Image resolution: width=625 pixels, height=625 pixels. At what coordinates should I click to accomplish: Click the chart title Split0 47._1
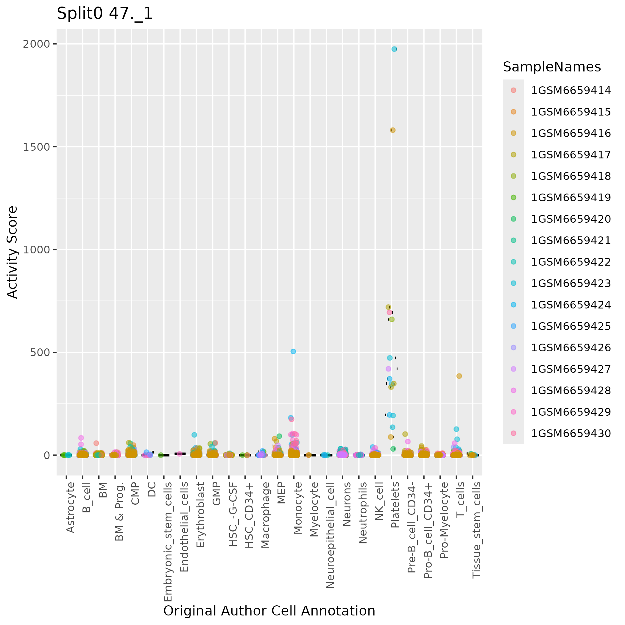coord(105,14)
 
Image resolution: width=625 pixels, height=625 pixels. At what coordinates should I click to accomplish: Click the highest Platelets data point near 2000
coord(394,49)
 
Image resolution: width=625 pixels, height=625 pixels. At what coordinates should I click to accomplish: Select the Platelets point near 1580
coord(393,130)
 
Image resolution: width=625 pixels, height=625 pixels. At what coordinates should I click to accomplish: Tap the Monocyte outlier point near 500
coord(293,351)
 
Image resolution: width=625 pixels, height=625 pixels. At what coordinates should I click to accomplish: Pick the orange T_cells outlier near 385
coord(459,376)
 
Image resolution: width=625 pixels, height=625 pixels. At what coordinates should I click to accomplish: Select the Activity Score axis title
coord(12,252)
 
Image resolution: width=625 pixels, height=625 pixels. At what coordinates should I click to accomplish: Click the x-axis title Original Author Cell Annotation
coord(269,611)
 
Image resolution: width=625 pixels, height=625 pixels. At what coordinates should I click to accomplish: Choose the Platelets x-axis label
coord(395,505)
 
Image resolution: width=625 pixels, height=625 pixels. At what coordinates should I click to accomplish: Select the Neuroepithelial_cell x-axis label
coord(330,535)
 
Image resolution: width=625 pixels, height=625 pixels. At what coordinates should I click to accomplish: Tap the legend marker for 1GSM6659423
coord(513,283)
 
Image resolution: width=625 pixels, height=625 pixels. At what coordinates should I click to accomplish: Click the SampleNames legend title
coord(552,67)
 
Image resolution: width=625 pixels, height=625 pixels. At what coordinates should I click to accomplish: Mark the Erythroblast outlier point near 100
coord(194,435)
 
